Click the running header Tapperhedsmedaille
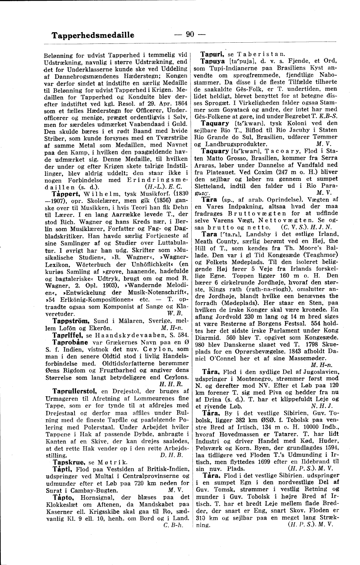click(93, 35)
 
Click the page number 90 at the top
click(190, 34)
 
